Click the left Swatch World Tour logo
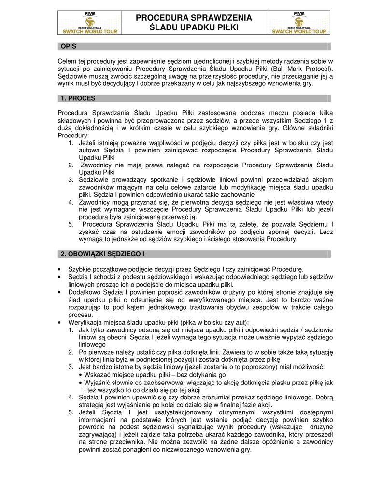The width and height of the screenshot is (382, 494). point(90,23)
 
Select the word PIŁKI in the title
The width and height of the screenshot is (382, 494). point(228,27)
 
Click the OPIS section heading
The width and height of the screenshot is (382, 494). point(69,47)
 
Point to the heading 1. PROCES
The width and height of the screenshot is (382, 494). point(78,98)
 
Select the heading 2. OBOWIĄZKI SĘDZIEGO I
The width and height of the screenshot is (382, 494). point(102,254)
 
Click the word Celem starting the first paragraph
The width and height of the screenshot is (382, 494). point(68,61)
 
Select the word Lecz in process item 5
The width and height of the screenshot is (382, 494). point(325,232)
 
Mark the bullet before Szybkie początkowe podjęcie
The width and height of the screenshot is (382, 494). point(59,269)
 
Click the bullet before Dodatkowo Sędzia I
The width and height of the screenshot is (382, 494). point(59,292)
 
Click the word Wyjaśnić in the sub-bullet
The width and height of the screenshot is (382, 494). point(98,382)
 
